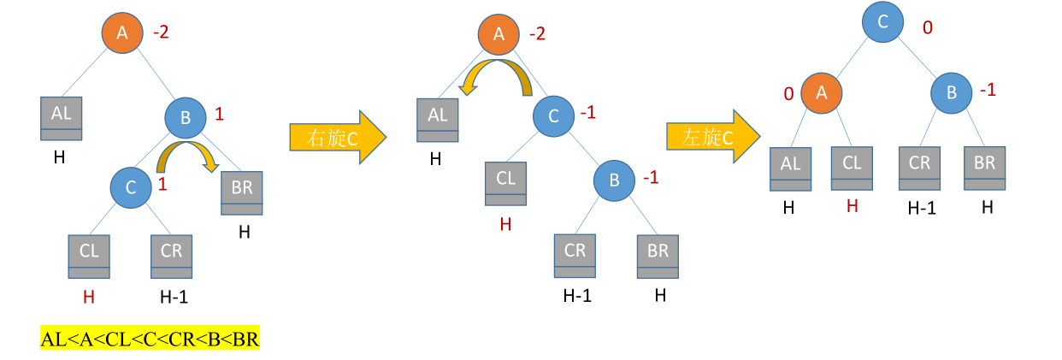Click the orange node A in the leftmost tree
tap(122, 34)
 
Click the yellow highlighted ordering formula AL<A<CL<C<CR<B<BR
tap(150, 339)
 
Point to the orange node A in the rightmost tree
tap(821, 93)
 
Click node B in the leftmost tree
tap(185, 117)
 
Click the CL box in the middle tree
tap(505, 182)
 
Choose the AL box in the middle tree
tap(438, 119)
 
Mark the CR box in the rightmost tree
tap(919, 167)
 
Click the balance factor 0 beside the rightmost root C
tap(927, 29)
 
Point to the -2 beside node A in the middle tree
tap(537, 34)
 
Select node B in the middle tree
tap(615, 180)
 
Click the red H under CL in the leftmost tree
tap(87, 297)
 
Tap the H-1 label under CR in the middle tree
tap(577, 296)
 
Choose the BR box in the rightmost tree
tap(984, 167)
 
